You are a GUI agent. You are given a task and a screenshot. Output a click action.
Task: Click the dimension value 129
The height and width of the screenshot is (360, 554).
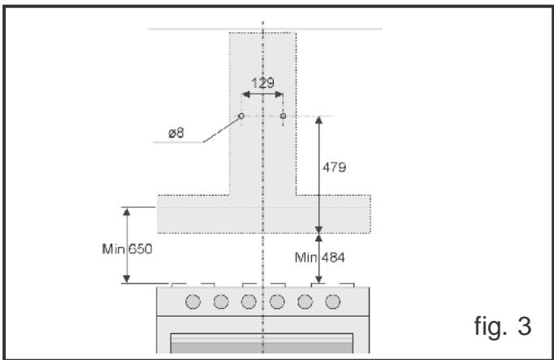262,83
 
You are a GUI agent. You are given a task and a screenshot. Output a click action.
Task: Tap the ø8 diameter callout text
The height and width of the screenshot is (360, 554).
176,133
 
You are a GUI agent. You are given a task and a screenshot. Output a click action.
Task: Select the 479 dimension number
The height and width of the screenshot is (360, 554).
334,167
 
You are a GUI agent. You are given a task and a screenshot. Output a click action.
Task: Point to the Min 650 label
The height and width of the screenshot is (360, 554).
128,249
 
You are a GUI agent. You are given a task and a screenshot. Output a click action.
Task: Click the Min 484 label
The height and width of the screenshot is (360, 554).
320,258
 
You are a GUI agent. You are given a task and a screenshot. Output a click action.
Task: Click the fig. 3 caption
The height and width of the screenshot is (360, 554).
502,326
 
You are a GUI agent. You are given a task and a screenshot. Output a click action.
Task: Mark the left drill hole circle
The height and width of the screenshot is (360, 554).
241,116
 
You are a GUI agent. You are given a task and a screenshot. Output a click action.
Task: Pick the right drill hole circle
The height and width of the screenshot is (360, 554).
283,116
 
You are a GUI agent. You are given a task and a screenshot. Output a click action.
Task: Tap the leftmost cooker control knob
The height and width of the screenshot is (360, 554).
193,301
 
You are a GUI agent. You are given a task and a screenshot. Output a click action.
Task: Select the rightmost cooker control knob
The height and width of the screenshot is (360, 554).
332,301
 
